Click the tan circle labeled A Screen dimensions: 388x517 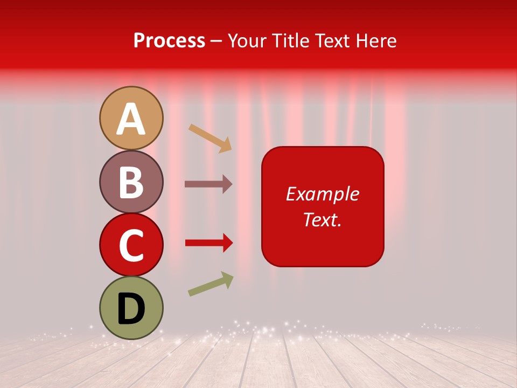[131, 118]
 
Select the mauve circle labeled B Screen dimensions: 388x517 [131, 182]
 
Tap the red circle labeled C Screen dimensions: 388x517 [131, 245]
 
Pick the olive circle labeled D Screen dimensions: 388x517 [131, 308]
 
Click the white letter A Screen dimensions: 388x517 [131, 119]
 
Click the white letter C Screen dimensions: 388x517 [131, 245]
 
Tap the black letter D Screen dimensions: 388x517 [131, 309]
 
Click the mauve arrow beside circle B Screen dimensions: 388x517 [208, 184]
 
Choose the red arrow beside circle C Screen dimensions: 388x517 [208, 243]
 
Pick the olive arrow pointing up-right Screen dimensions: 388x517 [211, 284]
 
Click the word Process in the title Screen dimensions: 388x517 [169, 41]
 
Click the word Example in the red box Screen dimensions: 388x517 [322, 194]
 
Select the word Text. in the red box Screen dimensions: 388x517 [322, 219]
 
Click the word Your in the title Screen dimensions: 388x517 [247, 41]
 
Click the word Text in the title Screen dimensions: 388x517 [331, 41]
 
